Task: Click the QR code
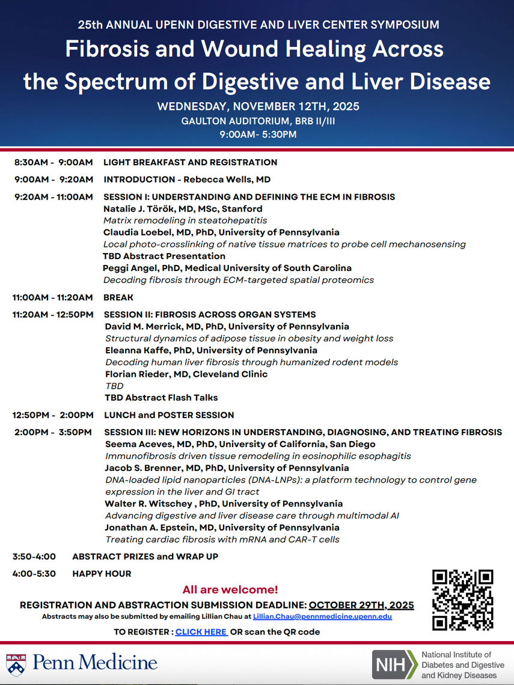(462, 600)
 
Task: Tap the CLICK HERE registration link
(201, 632)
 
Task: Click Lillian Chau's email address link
(322, 617)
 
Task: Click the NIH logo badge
(394, 665)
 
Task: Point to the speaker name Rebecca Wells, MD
(227, 179)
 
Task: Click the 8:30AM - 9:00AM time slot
(54, 162)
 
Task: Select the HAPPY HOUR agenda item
(102, 574)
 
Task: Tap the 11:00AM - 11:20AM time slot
(53, 297)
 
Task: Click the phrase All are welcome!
(230, 589)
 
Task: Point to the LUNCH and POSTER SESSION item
(169, 415)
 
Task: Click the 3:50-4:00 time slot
(34, 556)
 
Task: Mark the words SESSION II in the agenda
(129, 314)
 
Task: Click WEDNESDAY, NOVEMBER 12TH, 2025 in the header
(258, 107)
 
